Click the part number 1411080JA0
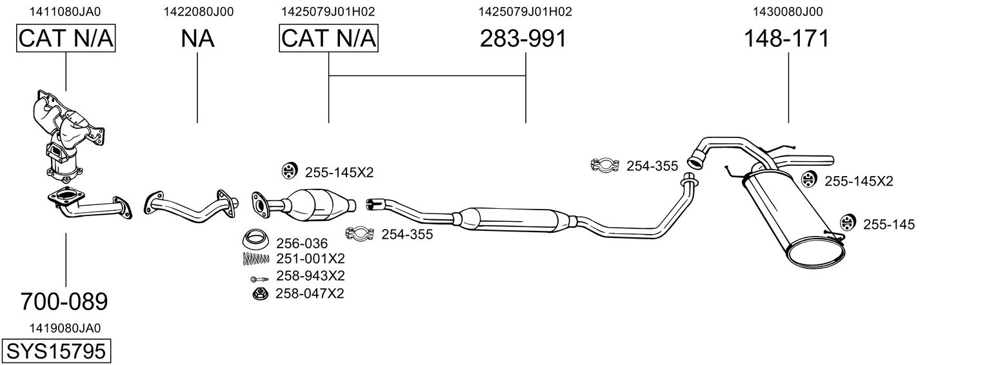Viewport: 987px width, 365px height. [x=65, y=11]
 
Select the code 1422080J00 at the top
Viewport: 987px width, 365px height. [x=198, y=11]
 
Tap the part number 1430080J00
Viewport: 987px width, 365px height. [x=788, y=11]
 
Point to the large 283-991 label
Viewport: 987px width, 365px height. [x=523, y=39]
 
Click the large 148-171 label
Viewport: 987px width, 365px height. [x=786, y=39]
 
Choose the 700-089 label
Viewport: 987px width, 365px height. [x=64, y=301]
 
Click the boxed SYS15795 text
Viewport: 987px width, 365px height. [x=55, y=351]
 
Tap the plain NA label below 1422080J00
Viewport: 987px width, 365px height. [x=197, y=39]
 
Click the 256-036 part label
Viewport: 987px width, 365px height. [x=302, y=244]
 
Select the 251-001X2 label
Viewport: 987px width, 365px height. [x=310, y=259]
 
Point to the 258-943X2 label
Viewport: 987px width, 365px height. [x=310, y=276]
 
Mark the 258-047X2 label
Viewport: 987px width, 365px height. [x=310, y=293]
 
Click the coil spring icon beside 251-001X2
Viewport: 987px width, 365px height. [x=255, y=259]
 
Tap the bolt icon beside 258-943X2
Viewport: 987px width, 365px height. [x=257, y=279]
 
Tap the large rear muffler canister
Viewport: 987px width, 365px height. [x=790, y=216]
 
